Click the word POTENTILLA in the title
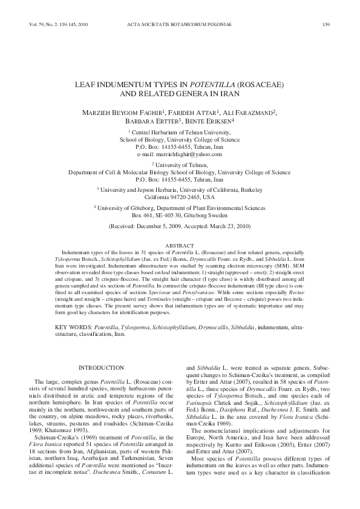217,84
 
